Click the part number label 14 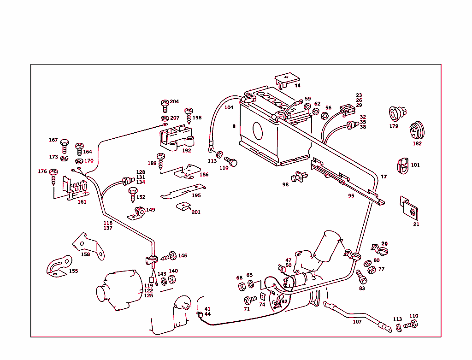[x=297, y=86]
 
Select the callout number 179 [x=394, y=126]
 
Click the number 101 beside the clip [x=415, y=165]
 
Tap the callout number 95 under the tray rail [x=351, y=195]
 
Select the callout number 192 [x=187, y=150]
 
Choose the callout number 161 [x=82, y=202]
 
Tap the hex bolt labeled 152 [x=132, y=194]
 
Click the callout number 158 [x=86, y=254]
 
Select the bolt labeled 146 [x=169, y=256]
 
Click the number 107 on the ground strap [x=357, y=322]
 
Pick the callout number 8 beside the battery [x=234, y=126]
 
